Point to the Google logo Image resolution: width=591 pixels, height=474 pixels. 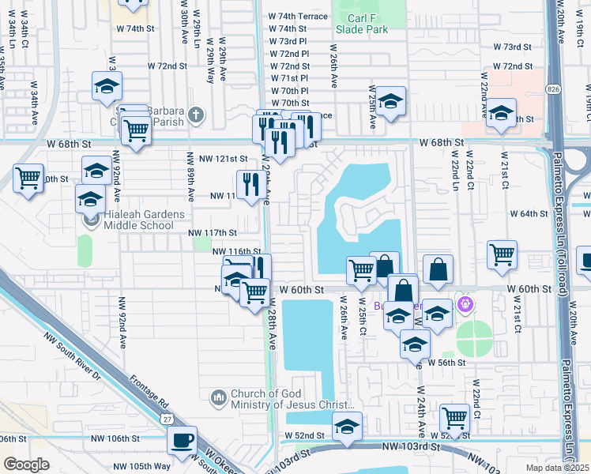[x=26, y=465]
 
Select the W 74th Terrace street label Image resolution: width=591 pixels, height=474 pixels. [x=298, y=16]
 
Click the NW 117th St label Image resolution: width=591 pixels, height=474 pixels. [x=213, y=232]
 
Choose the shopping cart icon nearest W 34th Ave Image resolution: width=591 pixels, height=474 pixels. [x=28, y=179]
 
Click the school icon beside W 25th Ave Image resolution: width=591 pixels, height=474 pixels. [x=390, y=102]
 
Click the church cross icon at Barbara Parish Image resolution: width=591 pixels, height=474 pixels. [x=196, y=117]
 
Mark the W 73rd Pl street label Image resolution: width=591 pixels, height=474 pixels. [x=288, y=41]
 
